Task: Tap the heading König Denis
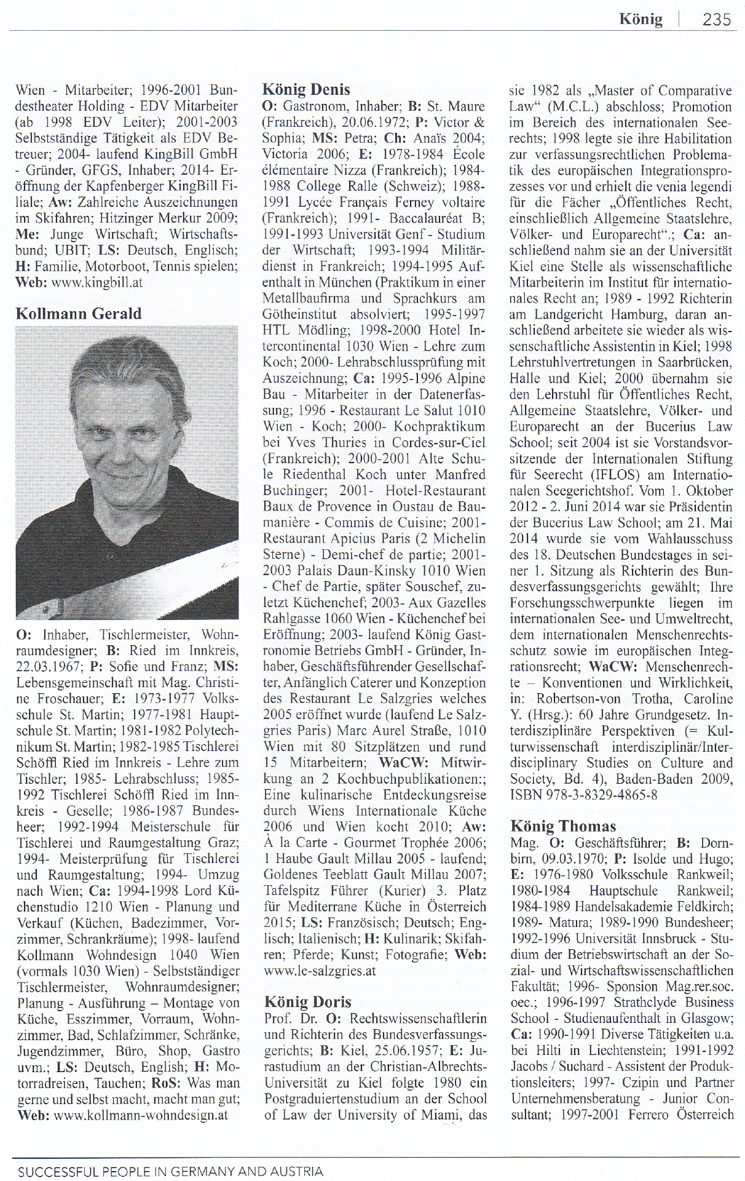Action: [x=305, y=89]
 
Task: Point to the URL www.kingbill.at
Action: [x=97, y=282]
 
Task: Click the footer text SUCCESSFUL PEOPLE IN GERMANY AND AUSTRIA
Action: [x=170, y=1171]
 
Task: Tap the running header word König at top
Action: [x=641, y=20]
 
